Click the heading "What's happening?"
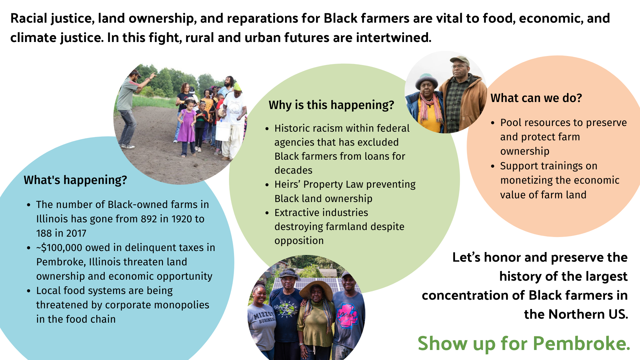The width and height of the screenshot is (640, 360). pos(75,180)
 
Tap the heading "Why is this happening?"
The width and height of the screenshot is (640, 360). pos(331,105)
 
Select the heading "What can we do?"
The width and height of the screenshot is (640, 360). pos(536,98)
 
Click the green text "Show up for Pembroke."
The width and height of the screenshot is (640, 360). pos(524,343)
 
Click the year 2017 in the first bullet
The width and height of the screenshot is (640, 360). pos(76,233)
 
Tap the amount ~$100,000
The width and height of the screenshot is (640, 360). pos(59,248)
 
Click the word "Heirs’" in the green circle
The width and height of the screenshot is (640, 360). pos(287,184)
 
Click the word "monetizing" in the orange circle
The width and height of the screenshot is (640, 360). pos(528,180)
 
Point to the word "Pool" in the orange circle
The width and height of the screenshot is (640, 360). pos(511,123)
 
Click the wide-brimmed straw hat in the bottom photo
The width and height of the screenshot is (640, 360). pos(316,288)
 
